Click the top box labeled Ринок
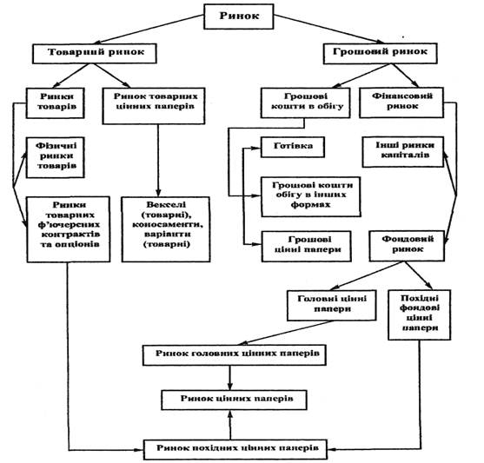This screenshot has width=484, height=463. [239, 17]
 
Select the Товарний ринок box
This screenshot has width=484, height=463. [95, 53]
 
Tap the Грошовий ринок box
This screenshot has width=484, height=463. [381, 53]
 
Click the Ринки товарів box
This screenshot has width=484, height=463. [56, 103]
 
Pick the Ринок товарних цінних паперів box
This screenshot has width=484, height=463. [154, 106]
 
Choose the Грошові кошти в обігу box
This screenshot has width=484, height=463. [306, 103]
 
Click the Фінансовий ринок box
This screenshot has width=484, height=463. [401, 103]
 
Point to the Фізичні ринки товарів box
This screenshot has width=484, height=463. [56, 157]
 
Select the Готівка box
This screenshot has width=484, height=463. [293, 147]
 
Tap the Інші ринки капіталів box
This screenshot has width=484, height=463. [403, 152]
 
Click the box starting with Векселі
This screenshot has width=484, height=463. [166, 229]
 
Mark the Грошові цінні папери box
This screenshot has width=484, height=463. [307, 247]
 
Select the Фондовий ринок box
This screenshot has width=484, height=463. [407, 246]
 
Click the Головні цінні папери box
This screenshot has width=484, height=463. [332, 305]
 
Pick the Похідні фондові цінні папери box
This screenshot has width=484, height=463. [420, 314]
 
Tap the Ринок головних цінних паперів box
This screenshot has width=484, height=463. [235, 355]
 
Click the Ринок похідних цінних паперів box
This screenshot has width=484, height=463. [235, 449]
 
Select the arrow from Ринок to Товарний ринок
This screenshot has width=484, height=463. [149, 30]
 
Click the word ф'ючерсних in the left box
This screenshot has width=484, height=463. [69, 224]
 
